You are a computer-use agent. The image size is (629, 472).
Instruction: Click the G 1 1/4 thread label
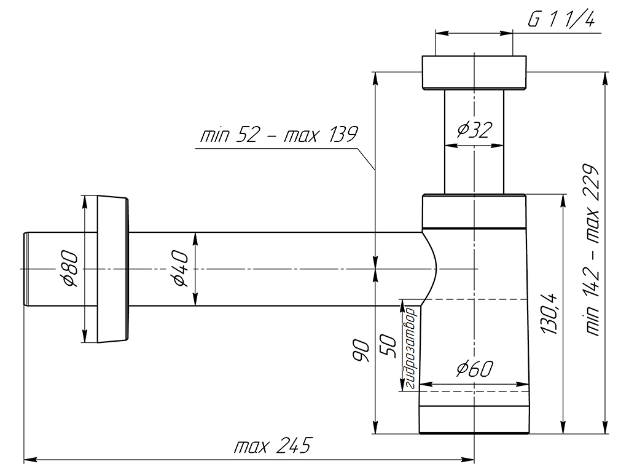point(561,19)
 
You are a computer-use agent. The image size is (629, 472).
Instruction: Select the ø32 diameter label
point(474,130)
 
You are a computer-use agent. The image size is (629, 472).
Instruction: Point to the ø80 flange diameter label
point(71,268)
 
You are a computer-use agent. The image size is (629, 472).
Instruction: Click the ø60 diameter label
point(474,369)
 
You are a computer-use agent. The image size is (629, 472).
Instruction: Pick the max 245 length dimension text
point(273,445)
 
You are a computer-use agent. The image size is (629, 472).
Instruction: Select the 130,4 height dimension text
point(549,314)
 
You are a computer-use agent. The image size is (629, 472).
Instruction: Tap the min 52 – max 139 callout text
point(278,134)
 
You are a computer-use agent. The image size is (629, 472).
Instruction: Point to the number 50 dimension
point(388,346)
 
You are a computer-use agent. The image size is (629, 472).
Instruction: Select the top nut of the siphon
point(474,73)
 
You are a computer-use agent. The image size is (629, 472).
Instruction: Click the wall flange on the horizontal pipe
point(113,269)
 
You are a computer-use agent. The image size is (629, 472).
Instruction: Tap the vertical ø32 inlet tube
point(474,142)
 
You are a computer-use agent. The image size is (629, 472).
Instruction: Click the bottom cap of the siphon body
point(474,420)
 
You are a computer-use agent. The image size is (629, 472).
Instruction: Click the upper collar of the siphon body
point(474,211)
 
